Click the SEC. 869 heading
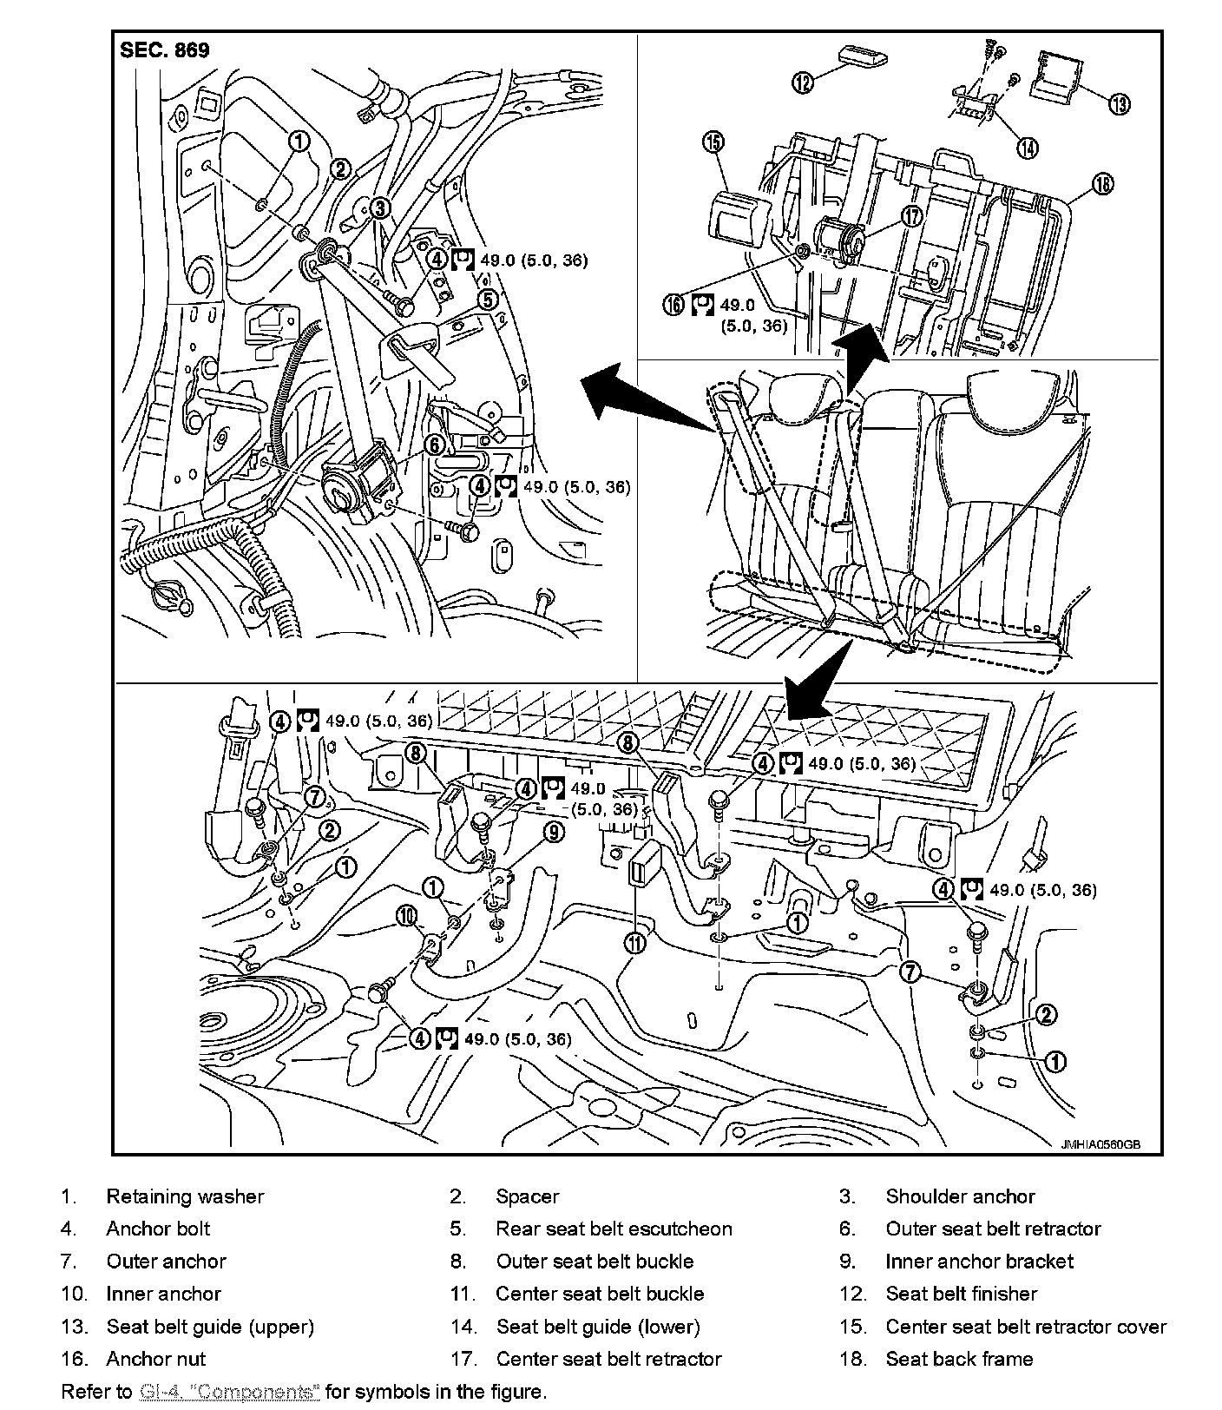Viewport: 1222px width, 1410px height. pyautogui.click(x=165, y=50)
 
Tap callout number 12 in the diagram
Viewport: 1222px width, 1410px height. pyautogui.click(x=803, y=82)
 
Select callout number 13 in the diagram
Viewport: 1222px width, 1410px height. pyautogui.click(x=1119, y=104)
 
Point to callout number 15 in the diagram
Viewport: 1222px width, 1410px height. pyautogui.click(x=714, y=142)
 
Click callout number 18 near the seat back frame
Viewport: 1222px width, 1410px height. pyautogui.click(x=1102, y=183)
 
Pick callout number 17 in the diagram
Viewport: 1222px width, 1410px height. pyautogui.click(x=911, y=215)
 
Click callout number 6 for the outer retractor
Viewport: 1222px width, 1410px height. pyautogui.click(x=435, y=445)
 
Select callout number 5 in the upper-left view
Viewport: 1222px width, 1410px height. pyautogui.click(x=488, y=300)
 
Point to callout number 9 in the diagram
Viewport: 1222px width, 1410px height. pyautogui.click(x=554, y=832)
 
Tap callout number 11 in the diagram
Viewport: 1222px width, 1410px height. pyautogui.click(x=635, y=942)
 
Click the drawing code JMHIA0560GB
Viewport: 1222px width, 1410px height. pyautogui.click(x=1099, y=1143)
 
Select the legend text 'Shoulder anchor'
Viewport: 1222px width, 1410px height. pyautogui.click(x=960, y=1196)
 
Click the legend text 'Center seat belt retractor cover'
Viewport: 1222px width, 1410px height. pyautogui.click(x=1026, y=1327)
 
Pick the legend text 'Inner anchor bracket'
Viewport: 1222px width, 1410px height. pyautogui.click(x=979, y=1262)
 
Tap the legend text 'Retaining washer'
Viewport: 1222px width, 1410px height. pyautogui.click(x=185, y=1196)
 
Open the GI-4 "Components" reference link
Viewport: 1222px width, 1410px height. pyautogui.click(x=229, y=1392)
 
